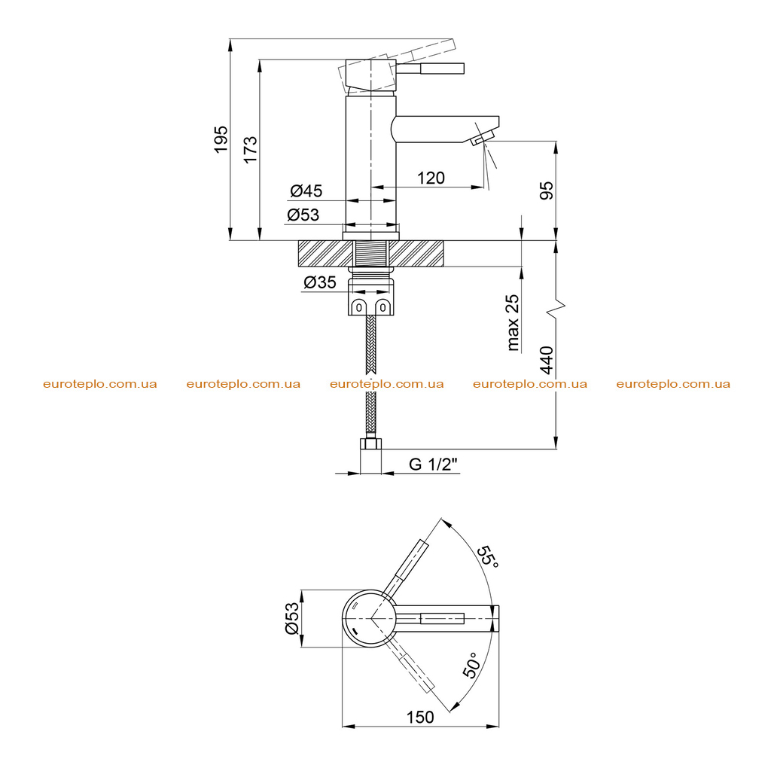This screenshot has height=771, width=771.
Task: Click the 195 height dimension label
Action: pos(221,139)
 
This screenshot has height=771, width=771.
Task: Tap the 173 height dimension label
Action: pos(250,150)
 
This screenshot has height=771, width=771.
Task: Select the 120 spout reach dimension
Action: pos(431,178)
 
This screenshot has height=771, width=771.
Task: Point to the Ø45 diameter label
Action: pos(306,190)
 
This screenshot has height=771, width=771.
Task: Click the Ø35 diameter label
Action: pos(319,282)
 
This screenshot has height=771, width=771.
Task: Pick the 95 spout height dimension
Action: pos(547,190)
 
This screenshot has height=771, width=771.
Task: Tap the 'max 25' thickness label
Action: pos(513,322)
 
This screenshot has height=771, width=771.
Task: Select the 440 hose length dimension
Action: pos(547,360)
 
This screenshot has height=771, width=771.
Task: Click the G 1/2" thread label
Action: pos(433,464)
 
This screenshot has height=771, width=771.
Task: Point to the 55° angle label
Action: pos(489,556)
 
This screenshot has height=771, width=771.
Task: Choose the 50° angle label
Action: pos(471,666)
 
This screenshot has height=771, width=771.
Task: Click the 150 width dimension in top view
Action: pos(420,718)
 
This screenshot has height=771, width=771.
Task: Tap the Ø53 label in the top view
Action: pos(291,618)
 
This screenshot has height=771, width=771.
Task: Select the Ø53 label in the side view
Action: pos(303,215)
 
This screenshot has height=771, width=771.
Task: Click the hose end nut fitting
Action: pos(370,443)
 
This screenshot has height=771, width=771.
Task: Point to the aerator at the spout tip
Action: pos(483,139)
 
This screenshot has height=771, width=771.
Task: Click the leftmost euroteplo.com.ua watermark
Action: pos(100,384)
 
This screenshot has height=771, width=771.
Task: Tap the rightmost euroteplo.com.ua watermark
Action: pos(673,384)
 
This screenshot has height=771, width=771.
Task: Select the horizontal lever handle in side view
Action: pos(431,69)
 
